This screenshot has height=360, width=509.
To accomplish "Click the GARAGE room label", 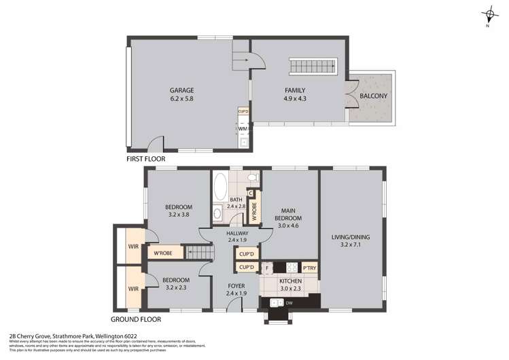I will tap(182, 90).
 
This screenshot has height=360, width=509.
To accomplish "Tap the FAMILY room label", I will tap(294, 90).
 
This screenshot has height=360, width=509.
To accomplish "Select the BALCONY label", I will tap(373, 96).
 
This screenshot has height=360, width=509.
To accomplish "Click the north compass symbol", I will tap(487, 15).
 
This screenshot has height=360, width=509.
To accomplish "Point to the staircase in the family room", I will tap(314, 67).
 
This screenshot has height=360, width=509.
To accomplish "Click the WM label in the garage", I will tap(242, 128).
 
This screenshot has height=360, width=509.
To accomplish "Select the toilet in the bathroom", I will tap(251, 179).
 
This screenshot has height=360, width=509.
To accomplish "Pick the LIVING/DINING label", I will tap(351, 236).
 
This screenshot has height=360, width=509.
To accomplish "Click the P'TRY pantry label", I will tap(309, 268).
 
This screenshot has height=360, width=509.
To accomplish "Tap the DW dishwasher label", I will tap(289, 302).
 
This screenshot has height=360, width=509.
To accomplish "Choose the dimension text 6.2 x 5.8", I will tap(182, 99).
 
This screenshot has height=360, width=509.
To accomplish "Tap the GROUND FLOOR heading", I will tap(137, 319).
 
